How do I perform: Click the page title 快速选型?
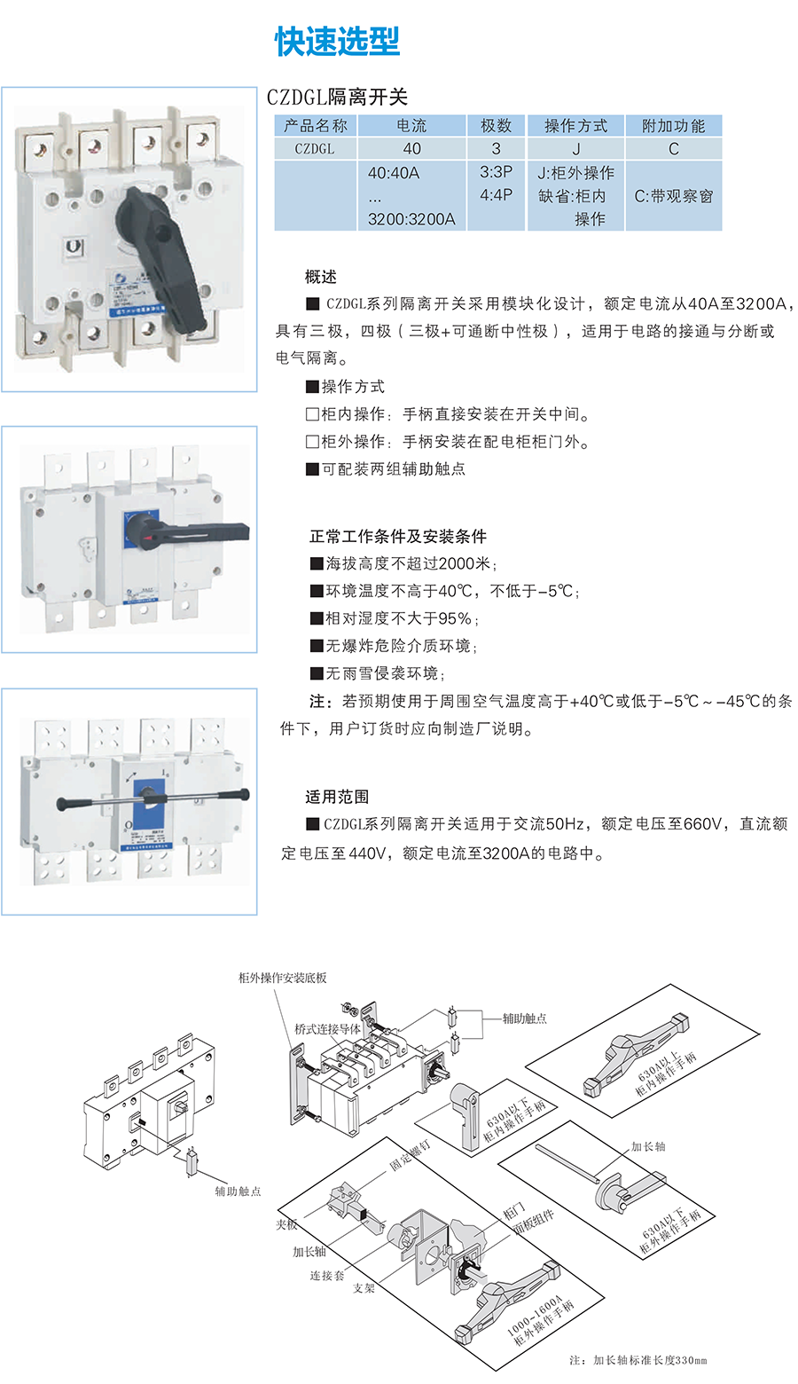(x=337, y=42)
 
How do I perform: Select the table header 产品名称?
(x=315, y=126)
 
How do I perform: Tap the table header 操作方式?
(x=575, y=126)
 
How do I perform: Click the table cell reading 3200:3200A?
(x=411, y=219)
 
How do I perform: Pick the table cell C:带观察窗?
(x=673, y=196)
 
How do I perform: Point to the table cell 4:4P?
(x=496, y=195)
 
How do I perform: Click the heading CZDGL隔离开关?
(x=337, y=98)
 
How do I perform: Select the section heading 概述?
(x=320, y=277)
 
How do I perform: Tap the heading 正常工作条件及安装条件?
(x=397, y=536)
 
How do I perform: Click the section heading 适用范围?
(x=337, y=797)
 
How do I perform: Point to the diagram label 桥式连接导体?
(x=327, y=1029)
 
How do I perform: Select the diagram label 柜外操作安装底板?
(x=282, y=978)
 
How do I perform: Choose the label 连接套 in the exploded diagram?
(x=326, y=1276)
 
